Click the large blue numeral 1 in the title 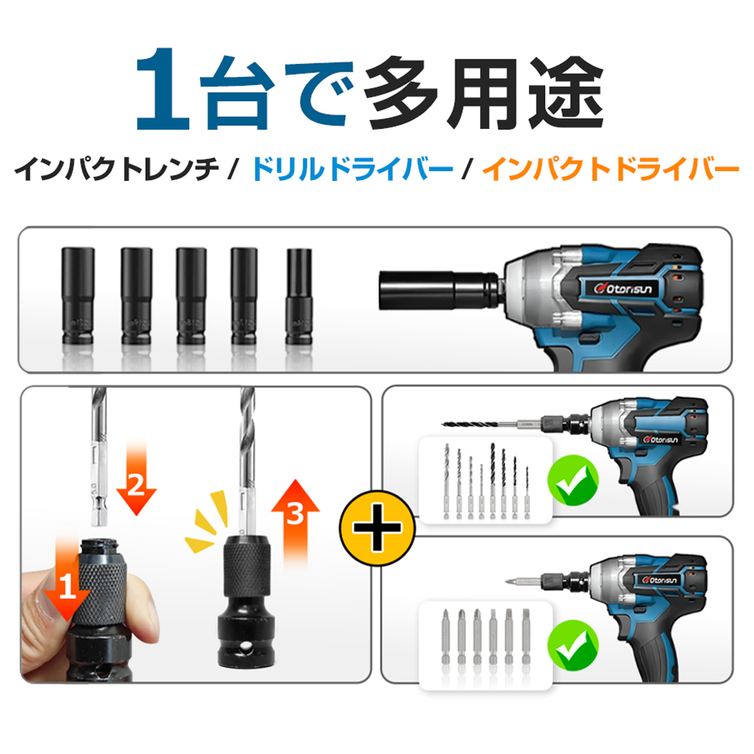pyautogui.click(x=163, y=90)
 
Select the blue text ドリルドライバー pyautogui.click(x=352, y=169)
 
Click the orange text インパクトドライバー pyautogui.click(x=611, y=169)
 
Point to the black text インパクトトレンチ pyautogui.click(x=117, y=169)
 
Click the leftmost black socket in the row pyautogui.click(x=78, y=296)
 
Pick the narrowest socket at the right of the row pyautogui.click(x=299, y=296)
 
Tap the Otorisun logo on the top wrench pyautogui.click(x=624, y=288)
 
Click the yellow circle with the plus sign pyautogui.click(x=378, y=528)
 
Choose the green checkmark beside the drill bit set pyautogui.click(x=573, y=481)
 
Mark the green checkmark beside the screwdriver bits pyautogui.click(x=574, y=645)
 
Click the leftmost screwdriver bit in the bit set pyautogui.click(x=446, y=638)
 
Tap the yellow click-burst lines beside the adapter pyautogui.click(x=207, y=523)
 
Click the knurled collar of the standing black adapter pyautogui.click(x=247, y=562)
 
